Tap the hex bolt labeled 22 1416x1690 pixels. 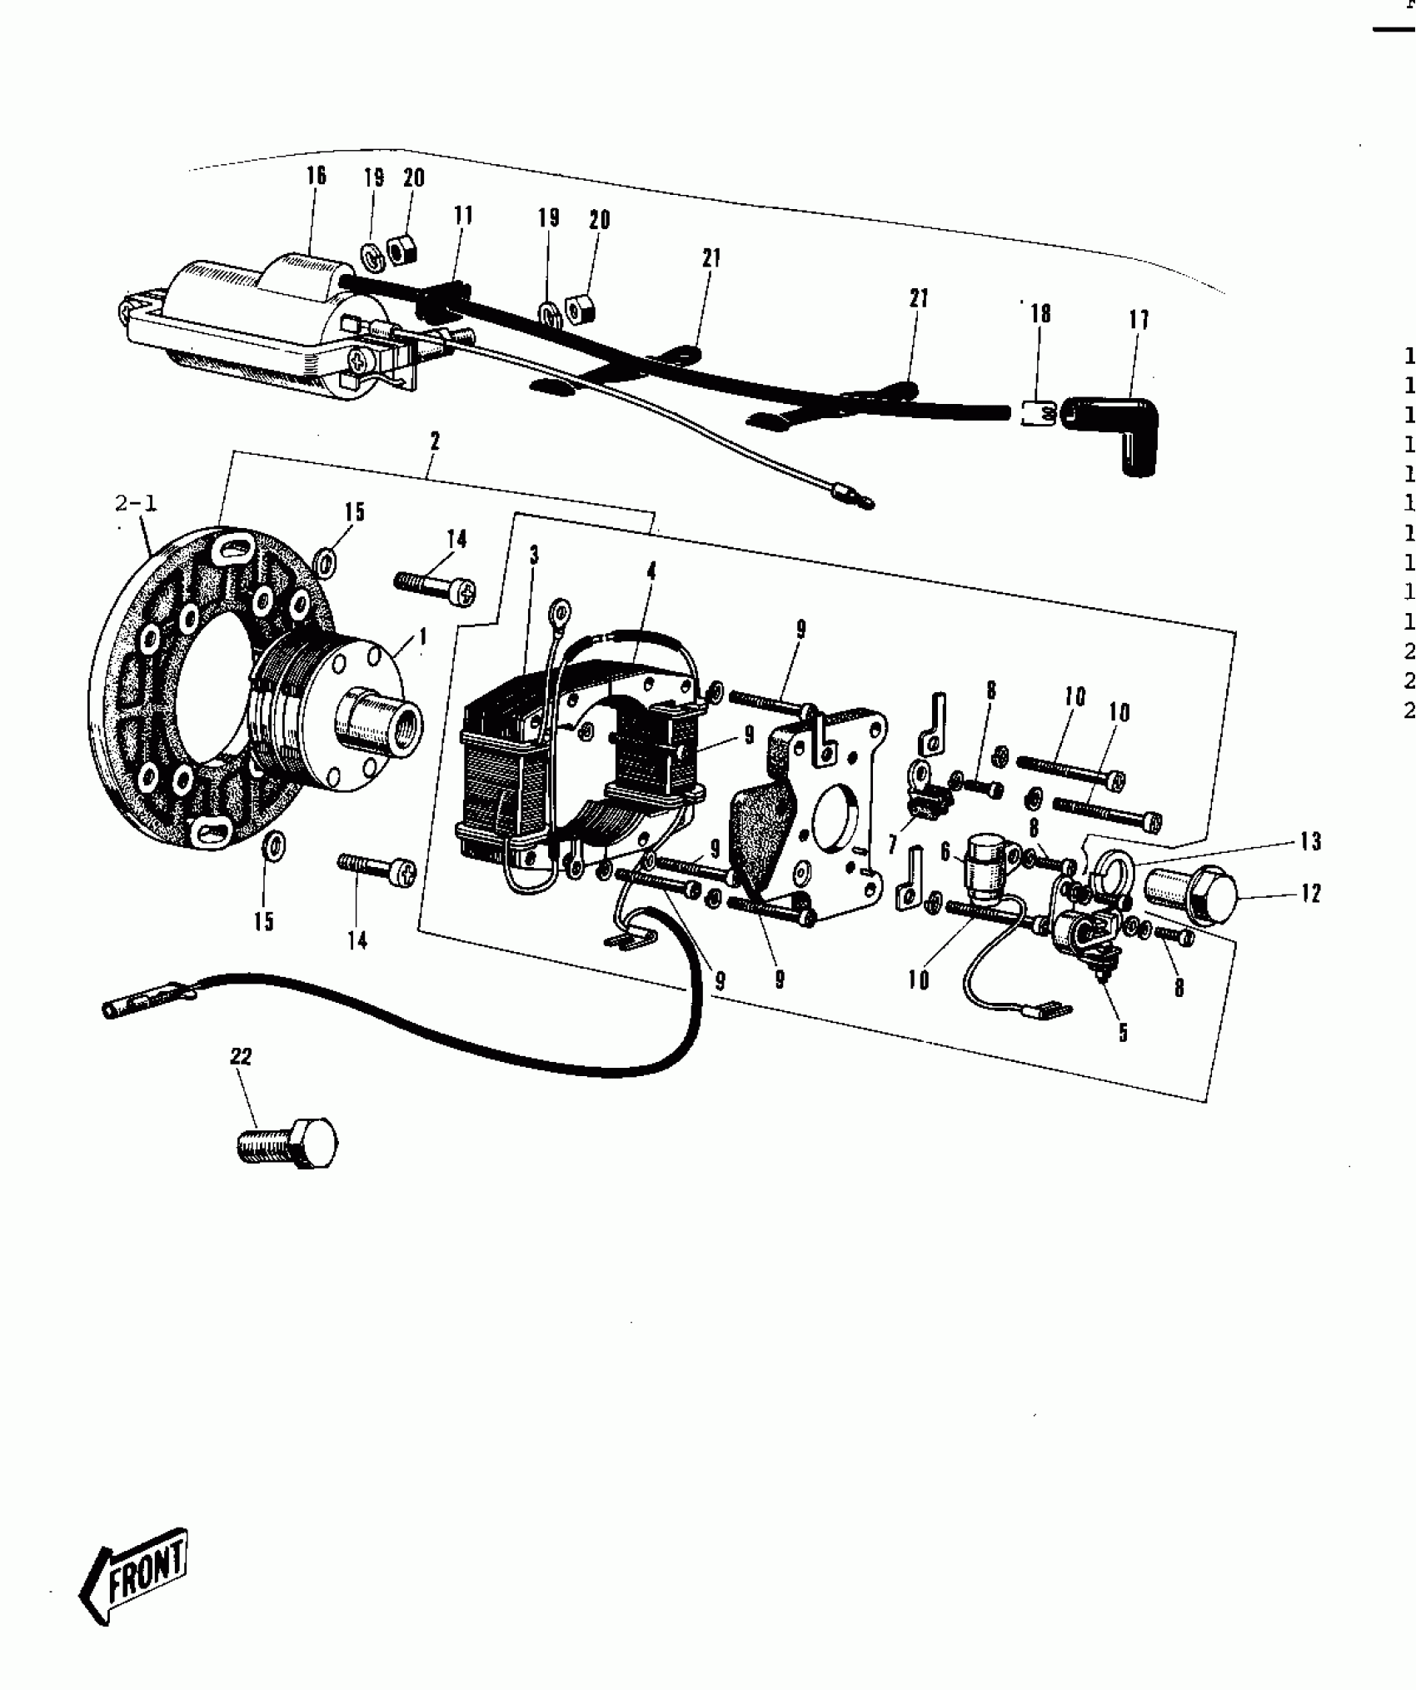coord(288,1142)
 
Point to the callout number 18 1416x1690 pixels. coord(1040,313)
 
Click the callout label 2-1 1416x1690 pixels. coord(136,502)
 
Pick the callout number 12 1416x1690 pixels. coord(1310,894)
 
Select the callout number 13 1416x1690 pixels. coord(1310,842)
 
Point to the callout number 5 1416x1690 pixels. coord(1123,1033)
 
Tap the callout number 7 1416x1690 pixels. coord(892,845)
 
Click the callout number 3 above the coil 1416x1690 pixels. coord(534,556)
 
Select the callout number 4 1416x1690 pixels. coord(651,571)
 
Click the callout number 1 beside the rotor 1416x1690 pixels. coord(423,637)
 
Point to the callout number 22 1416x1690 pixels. coord(241,1057)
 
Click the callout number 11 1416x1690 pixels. coord(463,216)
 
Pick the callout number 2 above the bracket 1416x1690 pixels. coord(435,441)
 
